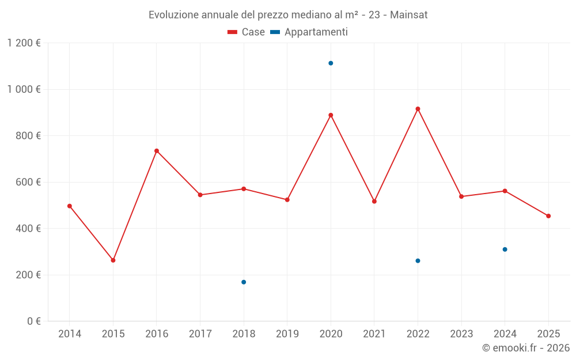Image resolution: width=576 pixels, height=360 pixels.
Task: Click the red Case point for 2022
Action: tap(418, 109)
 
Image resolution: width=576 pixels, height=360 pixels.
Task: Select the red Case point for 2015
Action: tap(113, 260)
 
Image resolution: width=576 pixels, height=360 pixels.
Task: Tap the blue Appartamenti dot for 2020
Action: tap(331, 63)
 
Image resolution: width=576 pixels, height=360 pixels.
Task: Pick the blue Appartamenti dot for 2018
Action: tap(244, 282)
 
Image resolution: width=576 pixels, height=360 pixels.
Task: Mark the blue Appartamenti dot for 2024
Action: tap(505, 249)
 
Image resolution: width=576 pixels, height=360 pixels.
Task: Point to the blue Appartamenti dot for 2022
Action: tap(418, 261)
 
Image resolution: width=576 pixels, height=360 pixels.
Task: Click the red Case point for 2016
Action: tap(157, 151)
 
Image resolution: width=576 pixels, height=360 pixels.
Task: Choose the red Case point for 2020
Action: tap(331, 115)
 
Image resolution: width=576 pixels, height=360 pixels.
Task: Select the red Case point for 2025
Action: tap(548, 216)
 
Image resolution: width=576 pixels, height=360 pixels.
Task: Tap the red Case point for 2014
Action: tap(70, 206)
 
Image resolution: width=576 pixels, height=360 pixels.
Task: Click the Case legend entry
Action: tap(247, 32)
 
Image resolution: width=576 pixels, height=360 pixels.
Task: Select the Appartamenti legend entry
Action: tap(309, 32)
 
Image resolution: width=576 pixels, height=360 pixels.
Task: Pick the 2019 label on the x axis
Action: tap(287, 334)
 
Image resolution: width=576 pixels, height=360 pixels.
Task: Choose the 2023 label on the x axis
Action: tap(461, 334)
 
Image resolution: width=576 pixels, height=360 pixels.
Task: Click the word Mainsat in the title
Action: tap(408, 15)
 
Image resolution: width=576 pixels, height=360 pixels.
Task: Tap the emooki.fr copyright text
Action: tap(525, 348)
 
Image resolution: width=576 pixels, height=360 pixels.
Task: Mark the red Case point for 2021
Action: tap(374, 202)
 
